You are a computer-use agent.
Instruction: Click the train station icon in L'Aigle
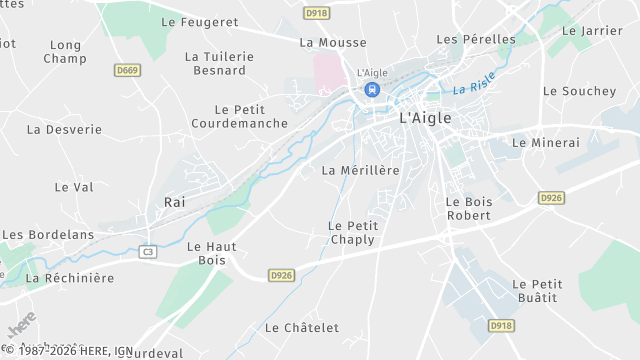372,89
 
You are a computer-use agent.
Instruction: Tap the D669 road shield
127,70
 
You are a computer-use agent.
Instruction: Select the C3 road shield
148,251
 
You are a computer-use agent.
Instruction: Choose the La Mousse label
333,43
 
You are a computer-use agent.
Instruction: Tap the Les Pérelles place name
476,39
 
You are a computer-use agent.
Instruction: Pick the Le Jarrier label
592,30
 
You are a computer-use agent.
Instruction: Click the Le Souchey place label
579,91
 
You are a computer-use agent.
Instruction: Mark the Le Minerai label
545,143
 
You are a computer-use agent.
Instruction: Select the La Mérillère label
360,170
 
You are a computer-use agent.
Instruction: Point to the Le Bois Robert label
468,208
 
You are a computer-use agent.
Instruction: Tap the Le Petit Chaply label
351,232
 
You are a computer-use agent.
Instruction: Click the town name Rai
175,202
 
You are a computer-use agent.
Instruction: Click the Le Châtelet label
302,328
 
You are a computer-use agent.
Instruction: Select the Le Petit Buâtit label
537,291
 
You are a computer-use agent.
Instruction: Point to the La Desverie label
64,129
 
